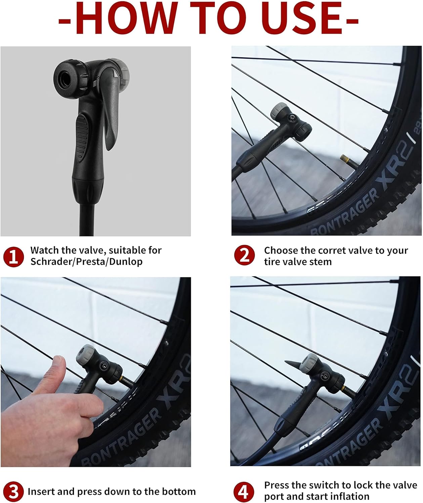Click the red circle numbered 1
(x=13, y=257)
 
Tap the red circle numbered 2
(x=244, y=255)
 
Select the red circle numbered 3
(x=13, y=492)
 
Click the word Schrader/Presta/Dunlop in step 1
(x=86, y=262)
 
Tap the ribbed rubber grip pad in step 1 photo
(x=82, y=138)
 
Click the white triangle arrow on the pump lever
(x=116, y=73)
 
